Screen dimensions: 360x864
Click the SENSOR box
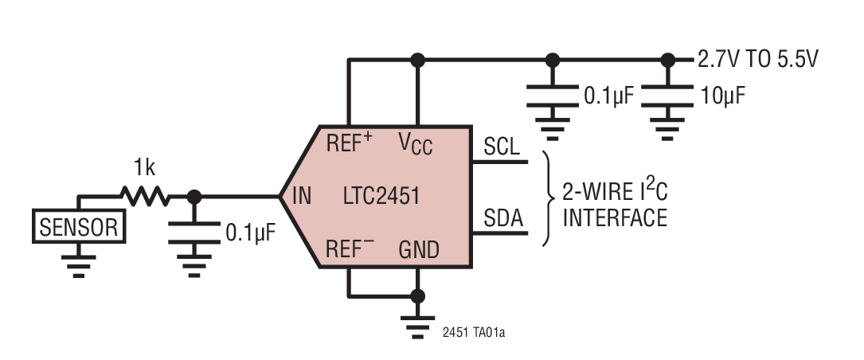pos(78,228)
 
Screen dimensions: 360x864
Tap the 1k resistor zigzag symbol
pos(144,196)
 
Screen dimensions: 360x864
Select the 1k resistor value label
pos(145,169)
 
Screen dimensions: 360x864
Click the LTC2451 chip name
pos(382,195)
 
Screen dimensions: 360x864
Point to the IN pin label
pos(302,195)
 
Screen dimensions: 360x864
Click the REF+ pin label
pos(350,143)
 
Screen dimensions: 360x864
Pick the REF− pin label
pos(350,249)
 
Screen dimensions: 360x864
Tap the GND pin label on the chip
pos(418,250)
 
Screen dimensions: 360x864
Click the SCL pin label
pos(502,147)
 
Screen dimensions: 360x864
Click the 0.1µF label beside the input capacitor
pos(252,233)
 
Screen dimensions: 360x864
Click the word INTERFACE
pos(615,217)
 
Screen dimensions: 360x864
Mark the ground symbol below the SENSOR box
pos(78,263)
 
